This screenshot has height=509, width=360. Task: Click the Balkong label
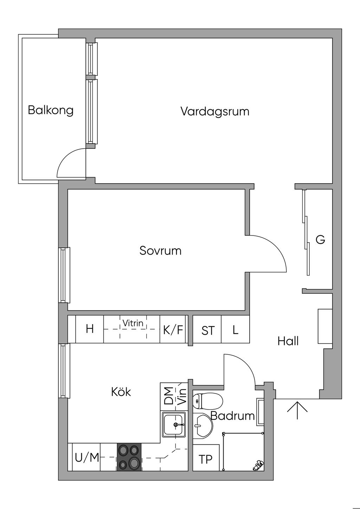pos(51,110)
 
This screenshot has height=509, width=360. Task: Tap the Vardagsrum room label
pos(215,111)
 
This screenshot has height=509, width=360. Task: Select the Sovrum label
pos(160,251)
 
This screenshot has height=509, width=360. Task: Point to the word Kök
pos(121,392)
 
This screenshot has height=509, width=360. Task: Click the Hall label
pos(288,341)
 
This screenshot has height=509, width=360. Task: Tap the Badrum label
pos(233,416)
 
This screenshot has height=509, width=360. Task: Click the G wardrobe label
pos(320,240)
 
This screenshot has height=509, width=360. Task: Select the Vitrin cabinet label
pos(133,323)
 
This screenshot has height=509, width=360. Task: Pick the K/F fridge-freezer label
pos(173,330)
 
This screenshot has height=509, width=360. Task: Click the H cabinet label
pos(90,329)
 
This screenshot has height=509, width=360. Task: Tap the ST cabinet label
pos(208,330)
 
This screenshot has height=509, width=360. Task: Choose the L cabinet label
pos(235,330)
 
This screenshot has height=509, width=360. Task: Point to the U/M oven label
pos(87,458)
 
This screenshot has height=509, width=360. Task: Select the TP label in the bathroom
pos(206,459)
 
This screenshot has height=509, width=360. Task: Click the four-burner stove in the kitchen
pos(129,457)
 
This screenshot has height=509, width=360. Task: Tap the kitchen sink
pos(174,424)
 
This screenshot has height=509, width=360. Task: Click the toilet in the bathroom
pos(208,400)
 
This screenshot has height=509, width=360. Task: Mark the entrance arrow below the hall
pos(297,410)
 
